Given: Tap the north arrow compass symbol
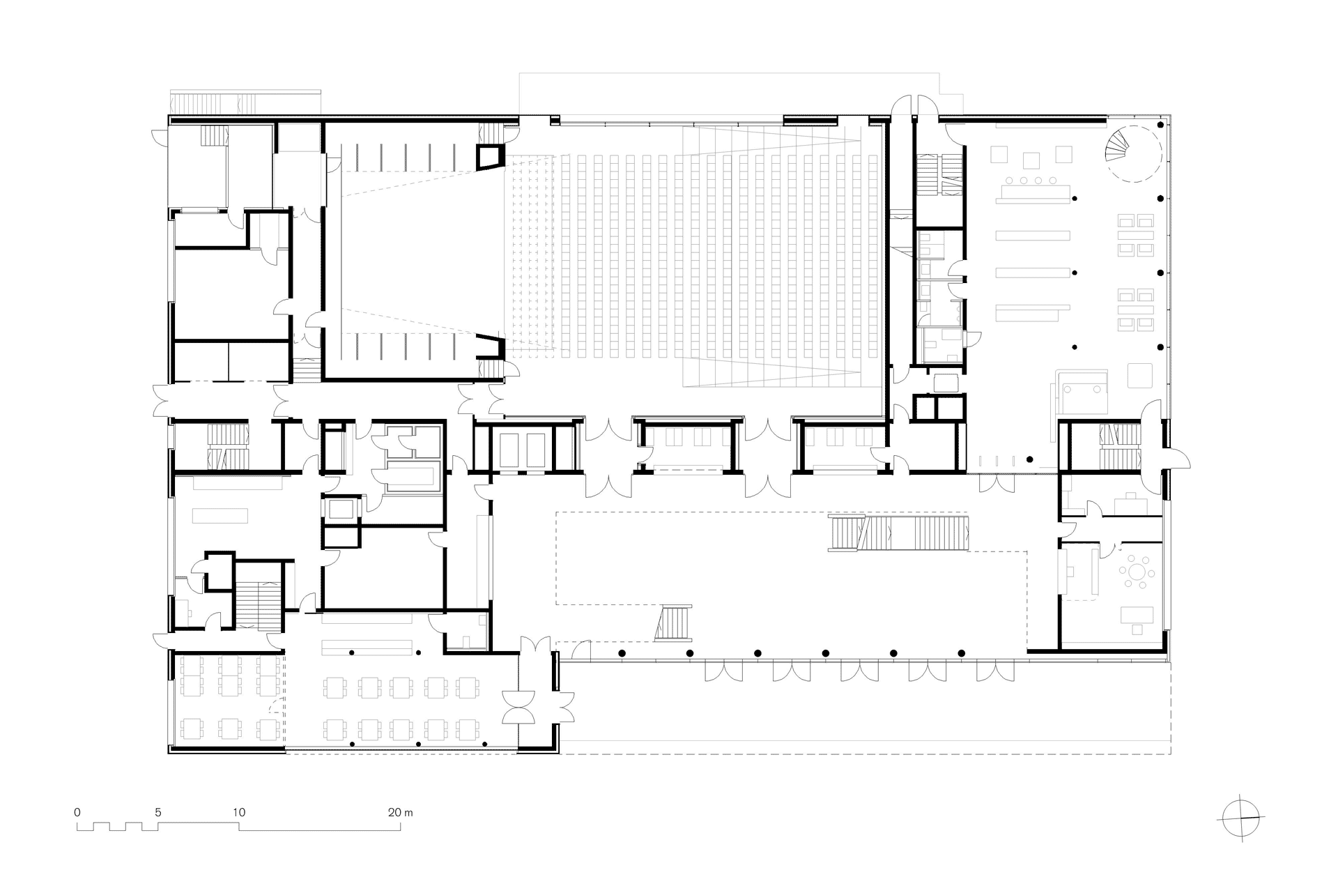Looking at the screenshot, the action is (x=1243, y=816).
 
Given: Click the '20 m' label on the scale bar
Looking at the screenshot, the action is (x=401, y=812).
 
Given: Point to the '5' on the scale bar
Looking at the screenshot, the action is (x=158, y=812).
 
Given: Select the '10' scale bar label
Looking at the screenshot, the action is (x=239, y=812).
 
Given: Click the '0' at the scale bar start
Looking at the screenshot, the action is (x=77, y=812).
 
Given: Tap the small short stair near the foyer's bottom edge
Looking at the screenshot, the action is (x=674, y=622).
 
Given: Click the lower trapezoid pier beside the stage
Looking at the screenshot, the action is (x=491, y=346).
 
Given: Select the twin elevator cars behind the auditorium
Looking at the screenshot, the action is (x=517, y=450).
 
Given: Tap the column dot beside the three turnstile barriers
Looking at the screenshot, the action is (x=1029, y=459).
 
